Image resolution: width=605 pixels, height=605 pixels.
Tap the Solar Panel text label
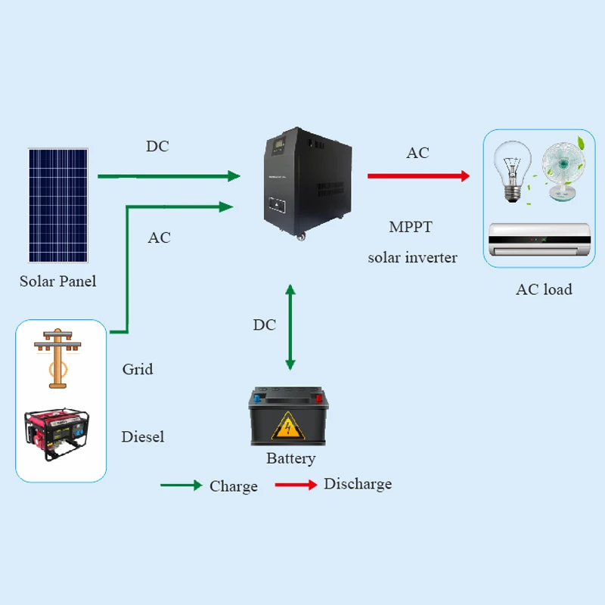coord(57,281)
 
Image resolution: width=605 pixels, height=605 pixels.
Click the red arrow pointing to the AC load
coord(418,176)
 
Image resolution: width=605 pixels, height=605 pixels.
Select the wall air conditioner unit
coord(537,243)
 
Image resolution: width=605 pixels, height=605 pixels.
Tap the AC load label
coord(543,289)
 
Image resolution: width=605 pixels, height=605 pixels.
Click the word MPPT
coord(411,227)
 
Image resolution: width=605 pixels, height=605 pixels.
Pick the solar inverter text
coord(412,258)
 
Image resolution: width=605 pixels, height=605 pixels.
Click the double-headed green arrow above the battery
coord(290,327)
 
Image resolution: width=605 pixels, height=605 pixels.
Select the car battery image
coord(290,417)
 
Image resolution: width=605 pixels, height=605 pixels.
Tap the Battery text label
coord(290,458)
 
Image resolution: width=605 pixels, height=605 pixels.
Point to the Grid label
coord(137,369)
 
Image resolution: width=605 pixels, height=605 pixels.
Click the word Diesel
coord(142,436)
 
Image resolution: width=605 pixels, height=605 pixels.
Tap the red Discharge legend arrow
coord(296,485)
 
